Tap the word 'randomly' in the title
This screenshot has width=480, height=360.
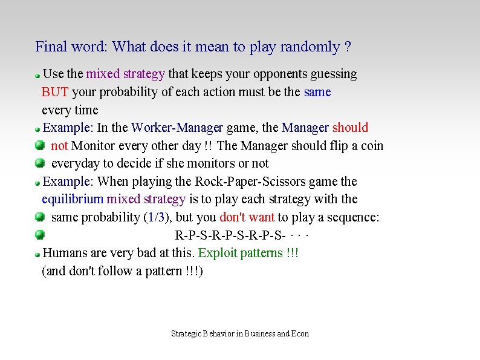[310, 47]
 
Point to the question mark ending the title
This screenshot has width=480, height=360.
[348, 47]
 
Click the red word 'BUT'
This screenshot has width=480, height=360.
[55, 92]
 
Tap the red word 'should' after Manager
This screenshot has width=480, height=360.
[350, 128]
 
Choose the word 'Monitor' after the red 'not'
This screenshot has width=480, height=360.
[93, 146]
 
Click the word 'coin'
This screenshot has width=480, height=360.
[371, 146]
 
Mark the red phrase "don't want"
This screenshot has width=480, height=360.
[247, 217]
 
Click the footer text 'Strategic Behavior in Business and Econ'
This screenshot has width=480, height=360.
[240, 333]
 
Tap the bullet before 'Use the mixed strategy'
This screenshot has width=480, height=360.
[37, 76]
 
